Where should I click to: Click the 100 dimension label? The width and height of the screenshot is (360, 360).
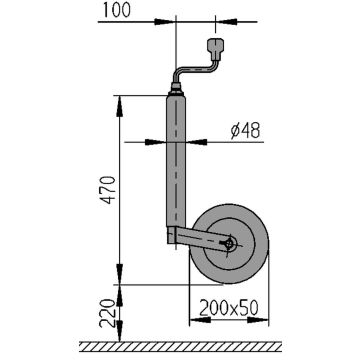pyautogui.click(x=116, y=10)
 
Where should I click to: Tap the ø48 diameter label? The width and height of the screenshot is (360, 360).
pyautogui.click(x=245, y=131)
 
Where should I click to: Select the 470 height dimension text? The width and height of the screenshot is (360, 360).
pyautogui.click(x=109, y=190)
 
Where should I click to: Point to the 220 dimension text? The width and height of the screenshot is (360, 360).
pyautogui.click(x=107, y=313)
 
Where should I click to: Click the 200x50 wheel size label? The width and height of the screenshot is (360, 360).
pyautogui.click(x=229, y=309)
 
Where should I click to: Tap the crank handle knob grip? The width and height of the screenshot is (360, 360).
pyautogui.click(x=217, y=49)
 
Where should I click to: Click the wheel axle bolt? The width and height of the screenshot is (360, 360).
pyautogui.click(x=230, y=244)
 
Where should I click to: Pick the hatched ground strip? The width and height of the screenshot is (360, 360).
pyautogui.click(x=180, y=347)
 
